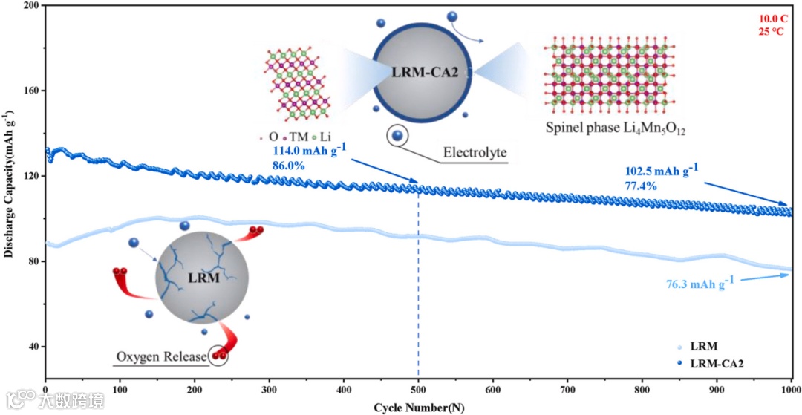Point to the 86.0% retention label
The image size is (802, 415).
click(x=290, y=166)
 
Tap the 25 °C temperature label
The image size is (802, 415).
click(x=773, y=32)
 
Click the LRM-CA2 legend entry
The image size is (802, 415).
click(x=717, y=363)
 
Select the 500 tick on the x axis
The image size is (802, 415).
click(x=418, y=389)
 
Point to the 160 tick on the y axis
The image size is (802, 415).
click(x=32, y=91)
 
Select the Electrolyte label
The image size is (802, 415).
click(x=475, y=154)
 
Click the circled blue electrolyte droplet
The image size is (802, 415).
click(x=399, y=135)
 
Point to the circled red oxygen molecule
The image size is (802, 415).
click(x=219, y=356)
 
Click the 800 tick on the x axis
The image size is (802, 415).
click(x=642, y=389)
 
